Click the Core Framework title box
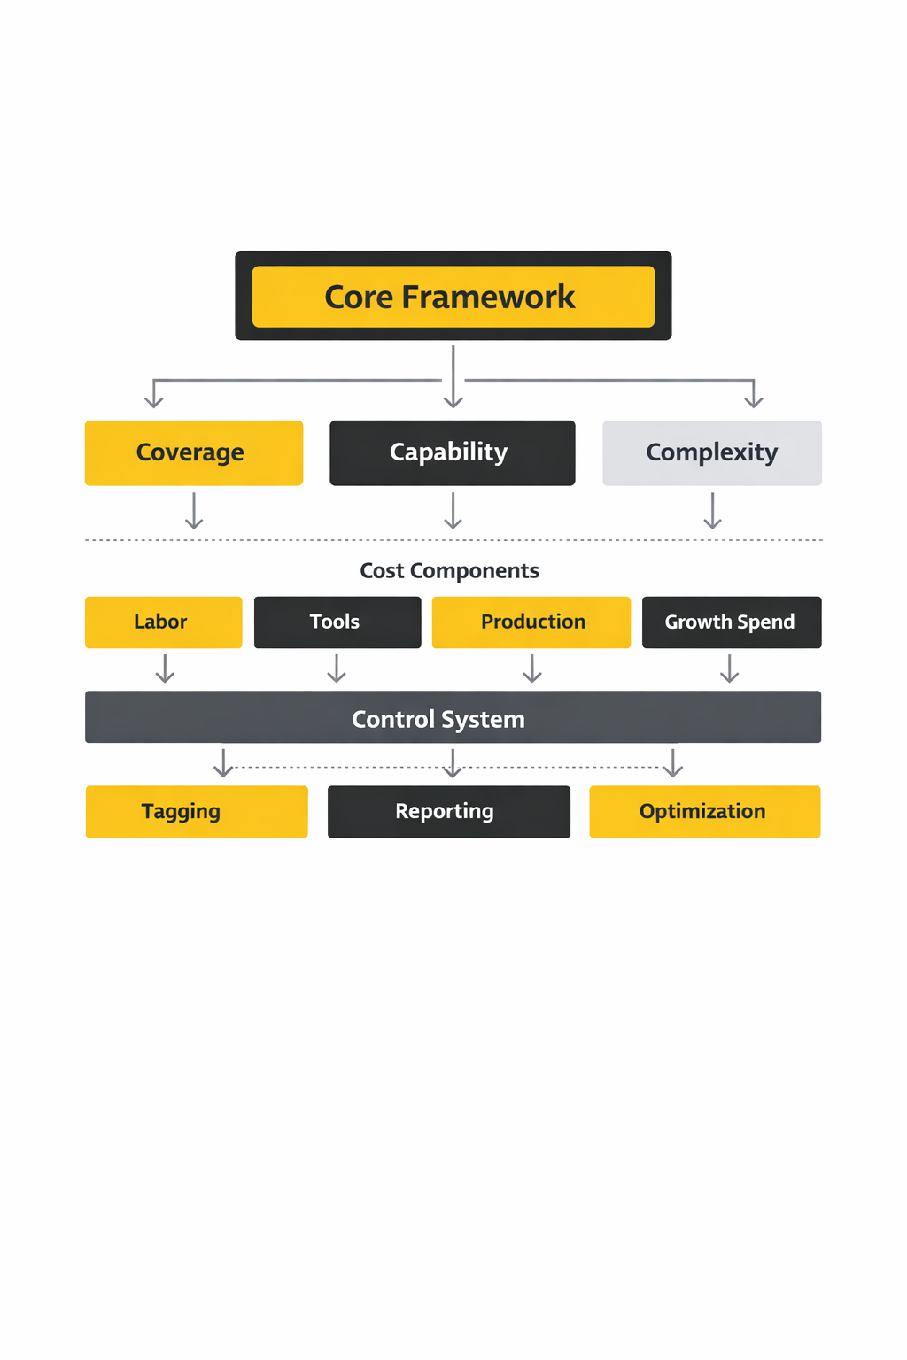coord(453,296)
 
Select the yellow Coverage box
coord(193,452)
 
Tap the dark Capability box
coord(452,452)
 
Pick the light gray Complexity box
coord(711,452)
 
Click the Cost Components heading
coord(449,570)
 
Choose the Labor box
coord(163,622)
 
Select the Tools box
coord(337,622)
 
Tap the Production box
coord(531,622)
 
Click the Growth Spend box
coord(731,622)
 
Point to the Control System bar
coord(453,717)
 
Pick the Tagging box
coord(196,811)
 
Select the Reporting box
coord(448,811)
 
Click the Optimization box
coord(704,811)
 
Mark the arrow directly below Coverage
coord(194,511)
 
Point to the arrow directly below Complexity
coord(712,511)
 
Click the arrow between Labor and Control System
coord(165,668)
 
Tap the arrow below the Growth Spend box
coord(729,668)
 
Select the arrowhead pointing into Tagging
coord(223,769)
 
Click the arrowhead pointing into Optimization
coord(673,769)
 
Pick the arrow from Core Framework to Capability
coord(453,377)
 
